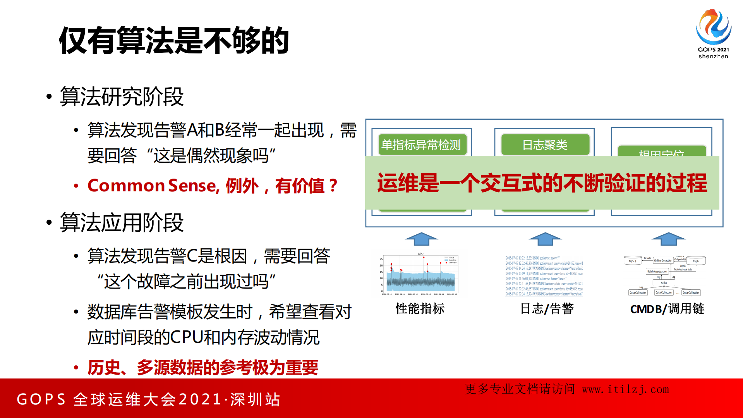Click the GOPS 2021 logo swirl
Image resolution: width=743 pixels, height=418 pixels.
coord(713,26)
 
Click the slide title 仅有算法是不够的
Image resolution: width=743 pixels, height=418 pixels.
coord(174,41)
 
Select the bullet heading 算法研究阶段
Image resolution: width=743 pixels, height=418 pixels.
coord(122,97)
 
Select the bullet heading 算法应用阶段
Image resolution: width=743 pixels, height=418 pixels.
coord(122,223)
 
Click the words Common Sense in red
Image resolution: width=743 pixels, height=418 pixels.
coord(151,186)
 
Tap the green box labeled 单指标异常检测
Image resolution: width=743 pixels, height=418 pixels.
coord(421,145)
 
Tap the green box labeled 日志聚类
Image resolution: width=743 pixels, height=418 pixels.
coord(545,145)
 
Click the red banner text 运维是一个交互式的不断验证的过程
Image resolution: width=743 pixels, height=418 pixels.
coord(542,183)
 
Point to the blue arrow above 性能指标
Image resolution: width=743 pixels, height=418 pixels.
coord(421,239)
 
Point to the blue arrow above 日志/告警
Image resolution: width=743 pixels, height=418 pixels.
coord(545,239)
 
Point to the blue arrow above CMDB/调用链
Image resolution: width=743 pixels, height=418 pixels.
coord(668,239)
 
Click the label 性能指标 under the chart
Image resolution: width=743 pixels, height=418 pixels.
coord(420,309)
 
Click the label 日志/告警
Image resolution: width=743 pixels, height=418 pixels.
coord(547,309)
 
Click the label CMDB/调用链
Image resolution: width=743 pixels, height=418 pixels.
coord(667,309)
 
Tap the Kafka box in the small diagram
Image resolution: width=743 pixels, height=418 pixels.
coord(664,283)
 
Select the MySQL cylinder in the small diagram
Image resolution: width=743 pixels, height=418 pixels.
coord(633,261)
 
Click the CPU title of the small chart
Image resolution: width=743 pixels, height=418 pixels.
coord(420,254)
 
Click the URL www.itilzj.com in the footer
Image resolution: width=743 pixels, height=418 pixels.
coord(625,389)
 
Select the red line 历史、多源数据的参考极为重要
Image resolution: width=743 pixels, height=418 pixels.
coord(203,367)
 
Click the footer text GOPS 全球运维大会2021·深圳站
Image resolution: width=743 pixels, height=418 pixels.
coord(148,399)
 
